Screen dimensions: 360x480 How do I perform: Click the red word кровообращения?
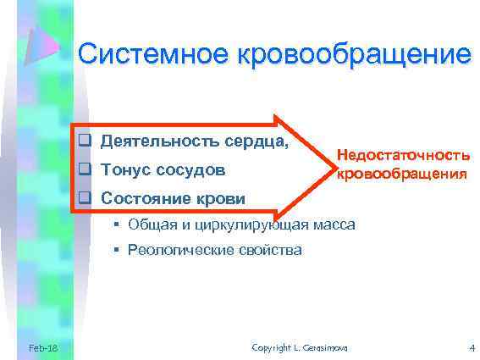(402, 174)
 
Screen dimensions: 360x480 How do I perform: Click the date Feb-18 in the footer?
(42, 348)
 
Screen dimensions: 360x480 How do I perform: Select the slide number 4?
(471, 348)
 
